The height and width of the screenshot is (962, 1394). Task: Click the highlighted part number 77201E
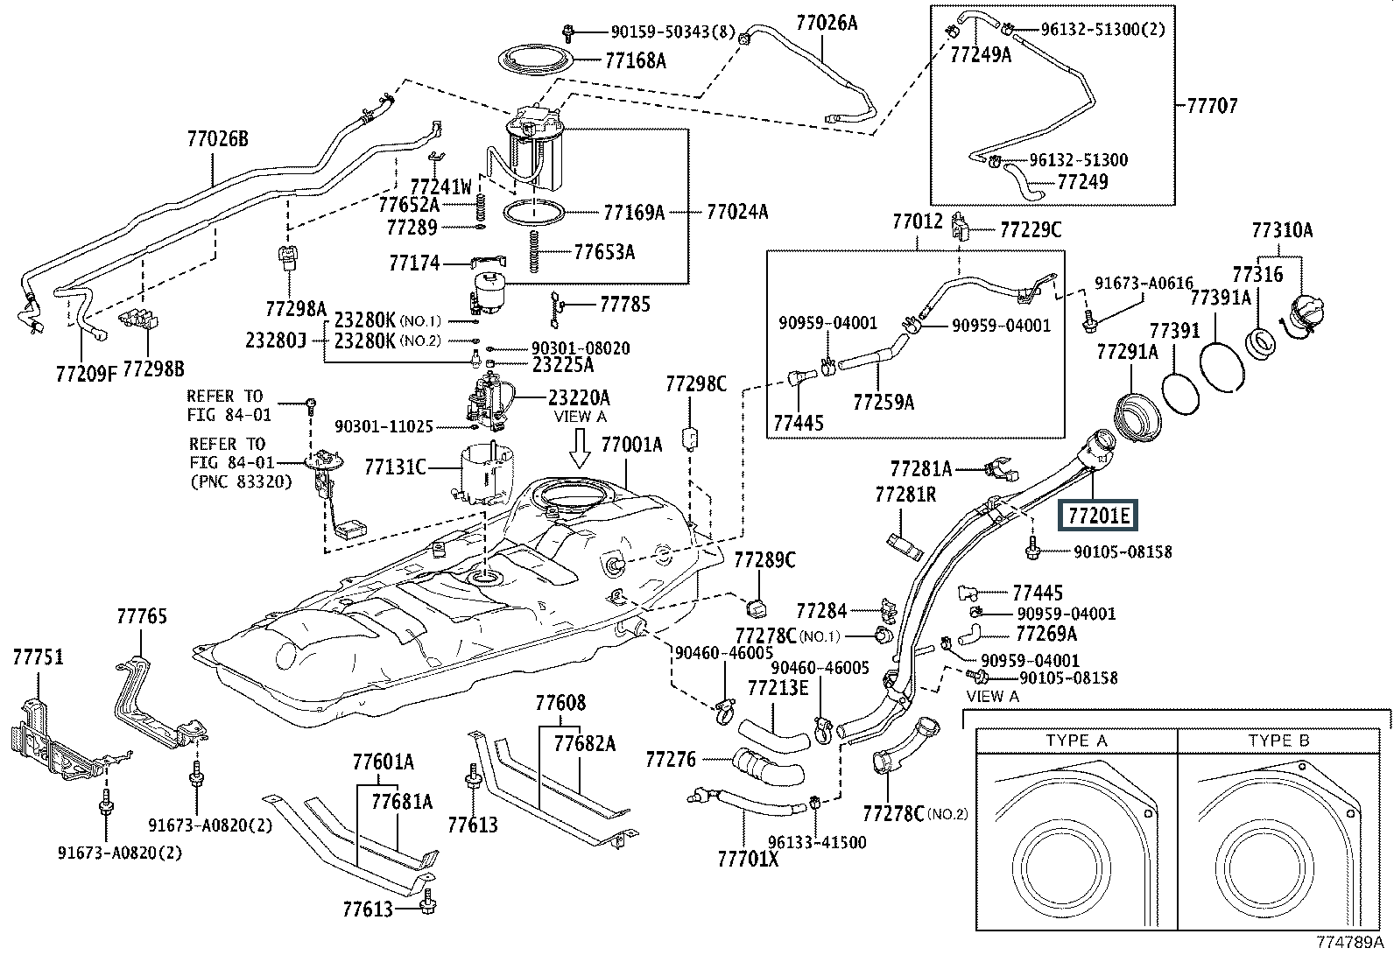(1098, 516)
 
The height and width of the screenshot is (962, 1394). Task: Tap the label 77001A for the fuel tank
(631, 445)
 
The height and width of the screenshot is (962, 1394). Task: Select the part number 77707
(1212, 106)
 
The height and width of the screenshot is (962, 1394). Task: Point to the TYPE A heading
(1077, 741)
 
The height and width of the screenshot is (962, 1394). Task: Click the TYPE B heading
(1279, 741)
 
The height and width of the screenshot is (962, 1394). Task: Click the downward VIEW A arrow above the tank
(580, 447)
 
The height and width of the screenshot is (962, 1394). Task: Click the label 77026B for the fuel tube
(218, 139)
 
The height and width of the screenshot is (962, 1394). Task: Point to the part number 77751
(38, 657)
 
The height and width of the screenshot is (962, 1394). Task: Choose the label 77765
(142, 616)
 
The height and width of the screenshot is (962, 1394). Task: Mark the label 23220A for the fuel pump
(579, 397)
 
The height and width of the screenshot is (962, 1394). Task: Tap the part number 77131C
(395, 467)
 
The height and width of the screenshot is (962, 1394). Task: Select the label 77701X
(748, 860)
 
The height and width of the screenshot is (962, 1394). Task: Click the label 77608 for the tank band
(560, 703)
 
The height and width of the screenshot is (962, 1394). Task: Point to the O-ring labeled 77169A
(534, 212)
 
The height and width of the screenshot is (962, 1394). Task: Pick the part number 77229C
(1031, 230)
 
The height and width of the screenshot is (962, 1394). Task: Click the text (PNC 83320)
(242, 481)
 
